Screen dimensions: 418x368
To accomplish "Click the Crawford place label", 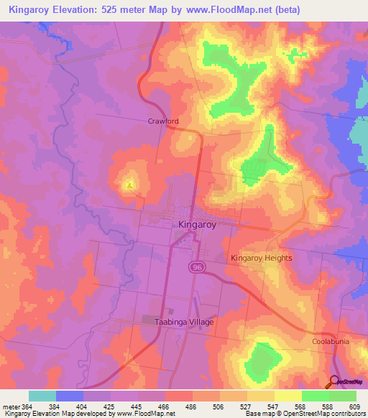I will click(162, 121).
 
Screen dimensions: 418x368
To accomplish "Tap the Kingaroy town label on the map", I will click(196, 224).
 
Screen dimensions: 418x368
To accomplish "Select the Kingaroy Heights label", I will click(261, 258).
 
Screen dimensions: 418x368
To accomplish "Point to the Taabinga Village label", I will click(185, 322).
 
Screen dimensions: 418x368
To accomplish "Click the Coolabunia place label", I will click(331, 342).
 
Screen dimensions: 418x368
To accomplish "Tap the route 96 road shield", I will click(196, 267).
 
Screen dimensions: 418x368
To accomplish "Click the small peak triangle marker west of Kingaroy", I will click(129, 186).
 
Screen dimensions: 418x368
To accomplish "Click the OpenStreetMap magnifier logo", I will click(334, 381).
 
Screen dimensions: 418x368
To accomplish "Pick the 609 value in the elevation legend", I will click(355, 406).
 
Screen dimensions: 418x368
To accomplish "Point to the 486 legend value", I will click(192, 406).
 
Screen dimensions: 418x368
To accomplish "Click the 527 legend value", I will click(247, 406).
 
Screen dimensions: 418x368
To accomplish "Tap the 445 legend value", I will click(137, 406).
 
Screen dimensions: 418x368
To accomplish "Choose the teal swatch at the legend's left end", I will click(42, 396).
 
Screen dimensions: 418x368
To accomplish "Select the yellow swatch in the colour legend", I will click(287, 396).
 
